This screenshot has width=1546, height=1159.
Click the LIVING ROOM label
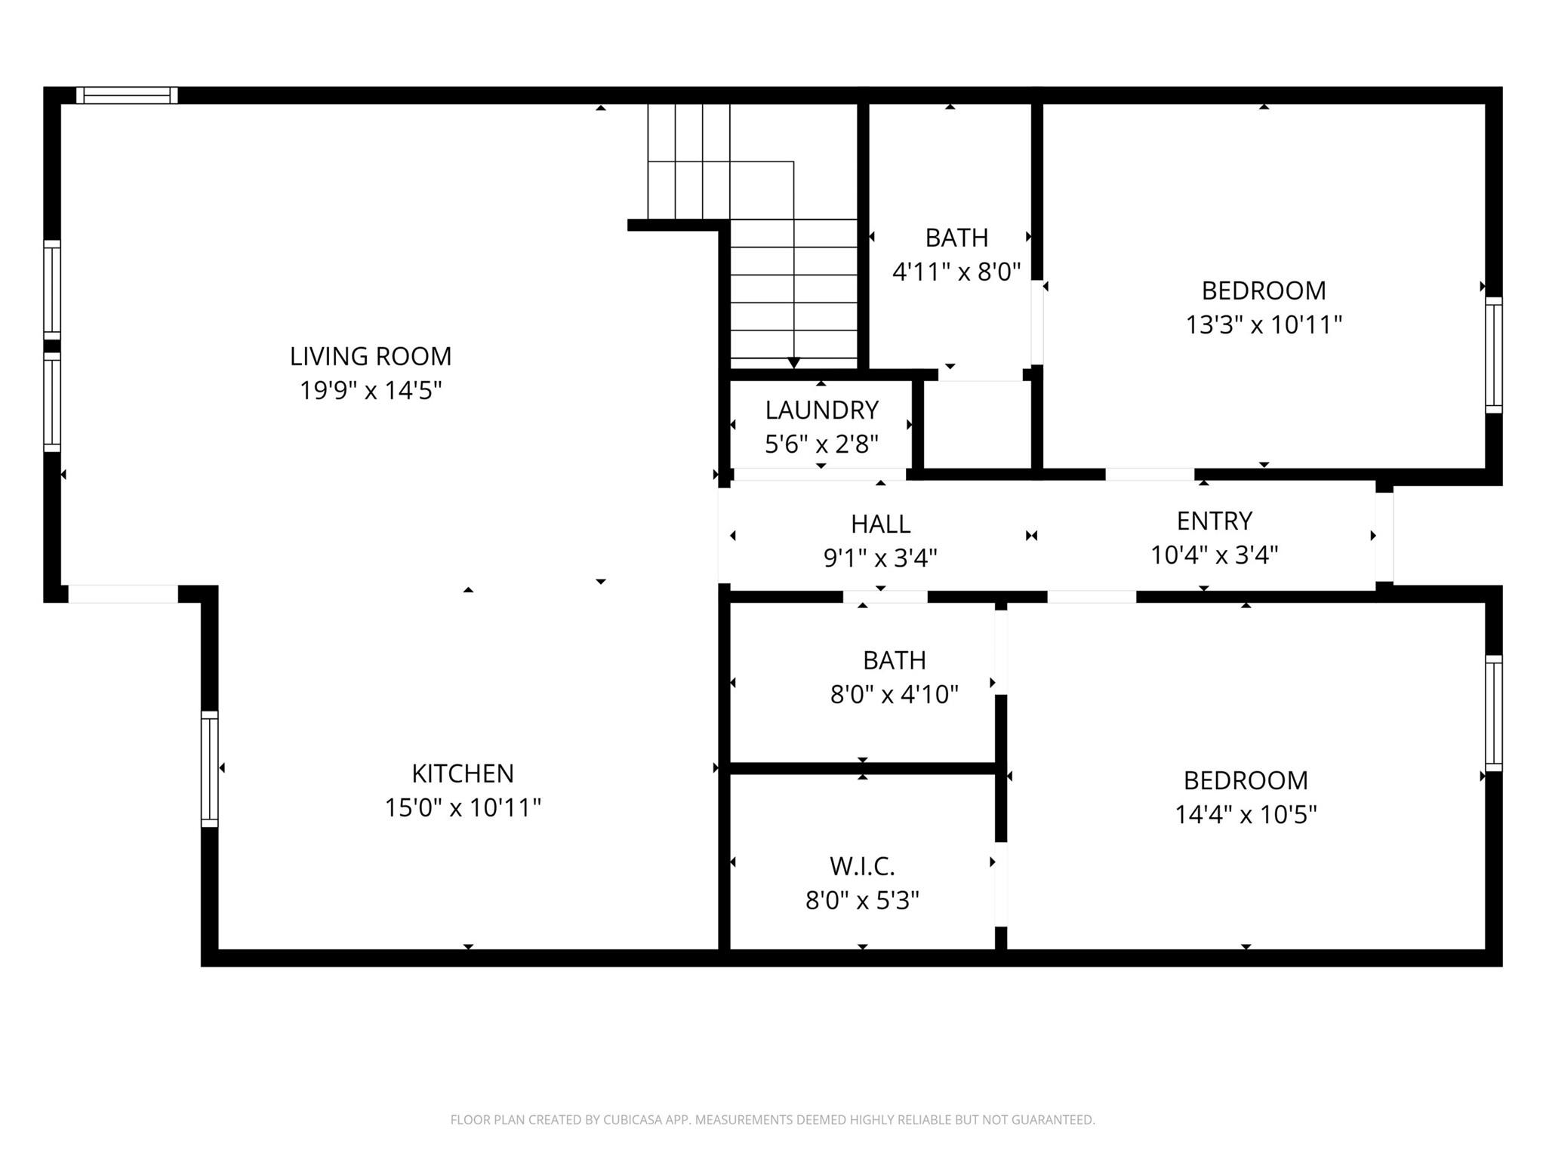pos(371,356)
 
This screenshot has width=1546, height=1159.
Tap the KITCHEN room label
pos(463,773)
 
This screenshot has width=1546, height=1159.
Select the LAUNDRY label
pos(822,410)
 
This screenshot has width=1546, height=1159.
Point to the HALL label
pos(881,524)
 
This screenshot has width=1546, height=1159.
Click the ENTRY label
pos(1215,521)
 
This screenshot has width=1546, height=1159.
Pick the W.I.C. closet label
pos(862,866)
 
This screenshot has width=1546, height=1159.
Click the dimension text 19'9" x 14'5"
pos(371,391)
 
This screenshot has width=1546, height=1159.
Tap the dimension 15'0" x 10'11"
pos(463,808)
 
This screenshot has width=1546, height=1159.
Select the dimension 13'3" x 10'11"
pos(1264,325)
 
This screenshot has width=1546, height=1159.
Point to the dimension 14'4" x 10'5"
pos(1246,815)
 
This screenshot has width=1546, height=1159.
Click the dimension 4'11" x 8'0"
pos(956,272)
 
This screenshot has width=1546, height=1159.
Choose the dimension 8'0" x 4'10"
pos(895,694)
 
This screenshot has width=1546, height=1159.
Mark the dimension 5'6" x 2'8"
pos(822,444)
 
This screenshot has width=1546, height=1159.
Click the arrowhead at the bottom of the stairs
pos(793,363)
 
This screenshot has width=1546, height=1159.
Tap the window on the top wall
pos(127,95)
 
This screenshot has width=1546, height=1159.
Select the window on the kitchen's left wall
pos(209,769)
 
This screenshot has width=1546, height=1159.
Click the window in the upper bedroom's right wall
pos(1494,355)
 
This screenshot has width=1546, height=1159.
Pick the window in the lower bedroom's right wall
pos(1494,714)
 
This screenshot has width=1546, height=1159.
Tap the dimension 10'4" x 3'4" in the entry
pos(1215,555)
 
